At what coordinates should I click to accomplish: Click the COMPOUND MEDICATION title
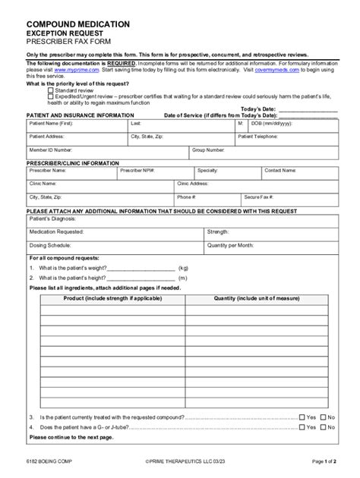(x=78, y=24)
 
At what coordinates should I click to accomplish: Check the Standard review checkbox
(x=51, y=90)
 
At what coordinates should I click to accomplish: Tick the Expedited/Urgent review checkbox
(x=51, y=96)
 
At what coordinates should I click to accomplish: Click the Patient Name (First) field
(x=76, y=126)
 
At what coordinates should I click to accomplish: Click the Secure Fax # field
(x=289, y=199)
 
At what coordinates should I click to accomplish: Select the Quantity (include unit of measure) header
(x=256, y=299)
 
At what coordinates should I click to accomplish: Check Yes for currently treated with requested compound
(x=302, y=417)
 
